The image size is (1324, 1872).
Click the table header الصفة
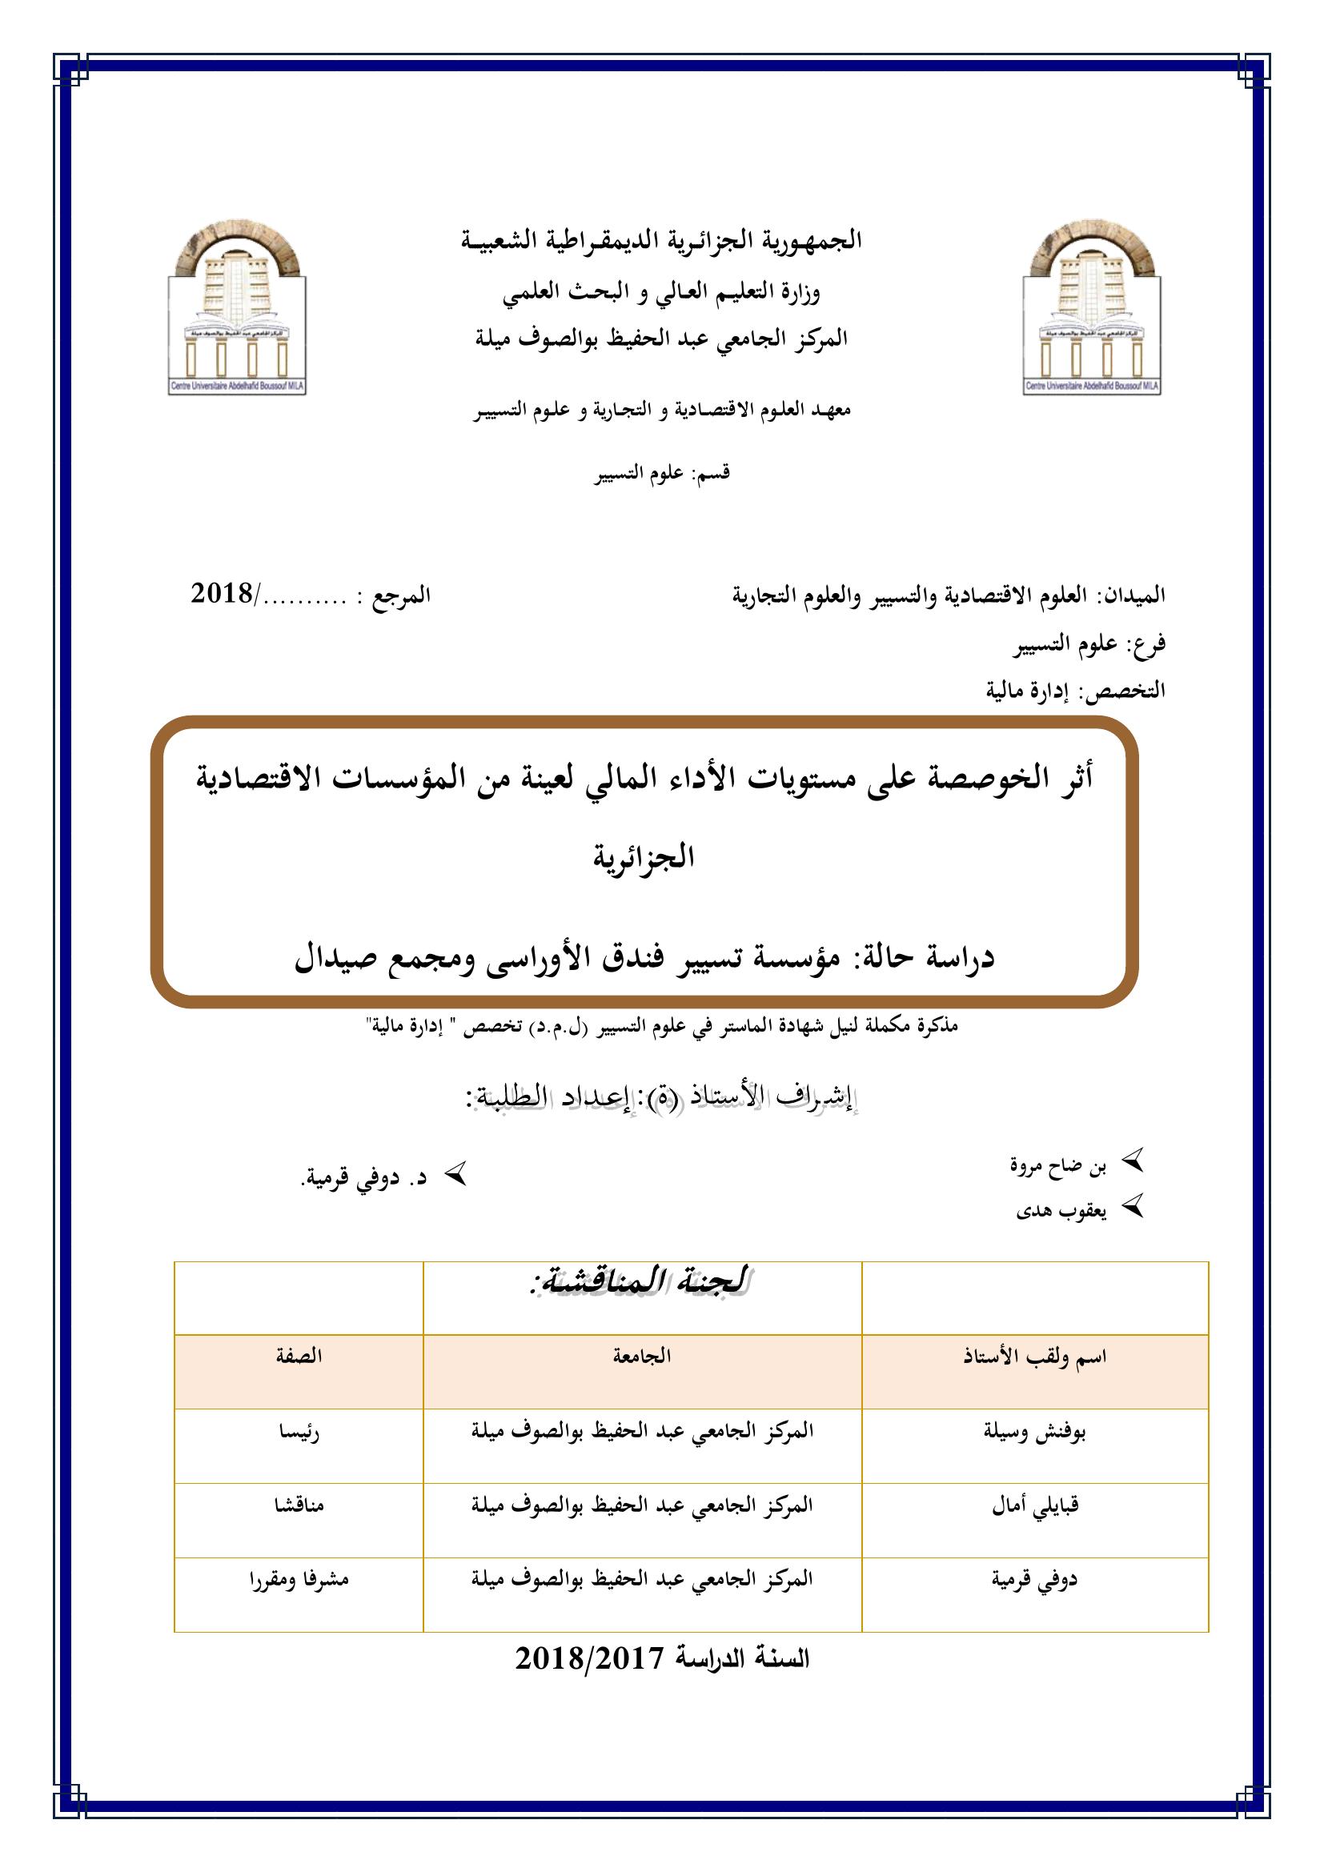pyautogui.click(x=299, y=1355)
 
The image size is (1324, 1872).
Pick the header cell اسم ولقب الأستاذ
pyautogui.click(x=1034, y=1357)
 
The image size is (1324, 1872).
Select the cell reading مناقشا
pyautogui.click(x=299, y=1505)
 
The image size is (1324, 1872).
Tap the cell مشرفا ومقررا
pyautogui.click(x=299, y=1578)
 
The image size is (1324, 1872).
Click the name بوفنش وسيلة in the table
pyautogui.click(x=1034, y=1433)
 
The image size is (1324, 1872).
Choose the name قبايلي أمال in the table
pyautogui.click(x=1034, y=1506)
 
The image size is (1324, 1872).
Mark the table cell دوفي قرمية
pyautogui.click(x=1034, y=1579)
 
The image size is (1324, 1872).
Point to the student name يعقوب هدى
pyautogui.click(x=1061, y=1211)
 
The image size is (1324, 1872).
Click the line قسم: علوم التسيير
pyautogui.click(x=661, y=474)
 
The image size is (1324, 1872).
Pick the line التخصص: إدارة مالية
pyautogui.click(x=1075, y=691)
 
